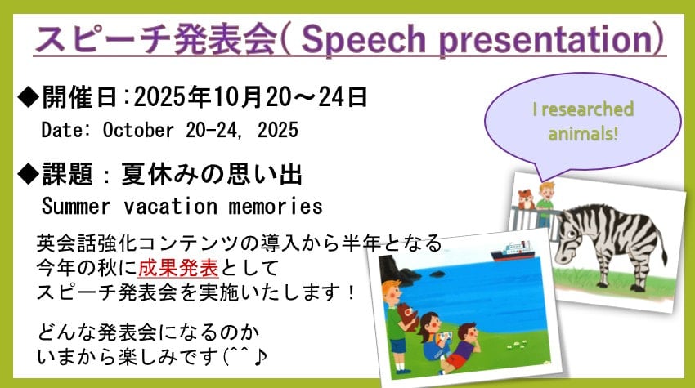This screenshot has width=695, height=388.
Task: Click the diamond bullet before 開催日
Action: (28, 99)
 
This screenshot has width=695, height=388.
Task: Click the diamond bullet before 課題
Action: (28, 173)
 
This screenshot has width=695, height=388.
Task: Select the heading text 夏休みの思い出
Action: (213, 173)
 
